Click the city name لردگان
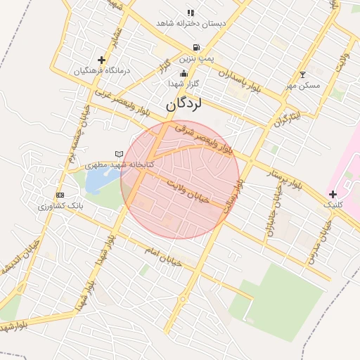[x=184, y=104]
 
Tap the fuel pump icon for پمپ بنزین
[x=195, y=48]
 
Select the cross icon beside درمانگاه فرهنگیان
[x=102, y=60]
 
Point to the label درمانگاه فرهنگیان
[x=102, y=71]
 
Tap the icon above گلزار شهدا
[x=184, y=73]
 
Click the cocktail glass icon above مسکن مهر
[x=303, y=75]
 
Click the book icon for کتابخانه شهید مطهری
[x=119, y=154]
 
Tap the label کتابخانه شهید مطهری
[x=119, y=165]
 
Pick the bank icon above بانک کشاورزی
[x=60, y=195]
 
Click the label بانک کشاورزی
[x=60, y=206]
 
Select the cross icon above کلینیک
[x=333, y=194]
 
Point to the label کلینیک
[x=333, y=205]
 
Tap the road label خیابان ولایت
[x=188, y=191]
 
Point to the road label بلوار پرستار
[x=285, y=181]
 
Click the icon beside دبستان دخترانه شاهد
[x=191, y=12]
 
